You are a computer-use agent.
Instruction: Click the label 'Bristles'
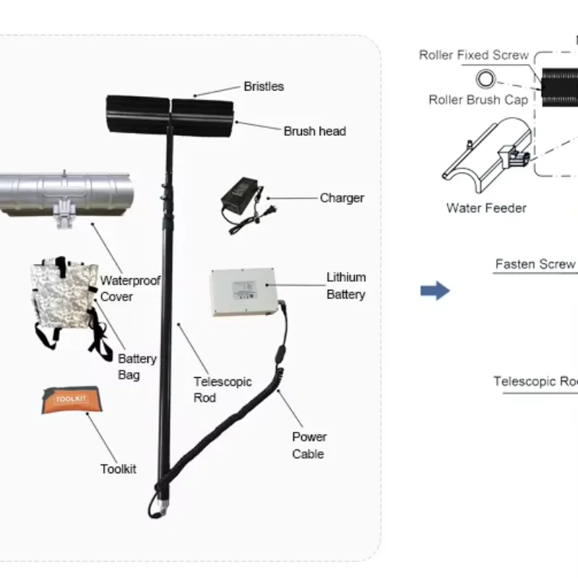point(263,87)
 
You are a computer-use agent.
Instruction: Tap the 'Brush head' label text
point(314,131)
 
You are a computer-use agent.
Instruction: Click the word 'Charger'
point(342,198)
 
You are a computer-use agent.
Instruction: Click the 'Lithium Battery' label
point(345,285)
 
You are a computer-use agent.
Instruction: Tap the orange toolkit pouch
point(70,400)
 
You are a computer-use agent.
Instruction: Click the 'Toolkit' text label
point(118,470)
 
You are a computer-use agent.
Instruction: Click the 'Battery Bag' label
point(137,367)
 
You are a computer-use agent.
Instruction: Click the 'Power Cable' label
point(309,445)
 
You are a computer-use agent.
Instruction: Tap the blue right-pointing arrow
point(435,291)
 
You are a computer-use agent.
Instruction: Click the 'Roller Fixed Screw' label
point(473,56)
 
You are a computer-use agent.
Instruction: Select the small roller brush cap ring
point(483,78)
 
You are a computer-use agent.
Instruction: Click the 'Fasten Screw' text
point(535,264)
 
